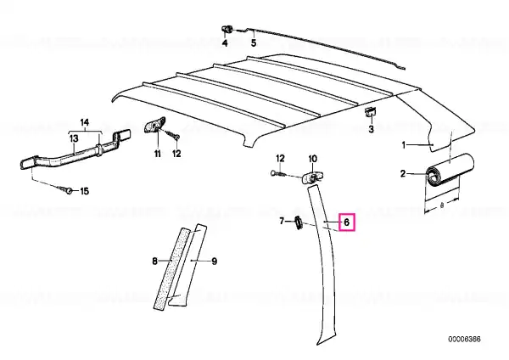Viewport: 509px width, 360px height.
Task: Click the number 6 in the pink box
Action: (346, 222)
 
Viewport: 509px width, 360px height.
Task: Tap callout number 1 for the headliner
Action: (404, 145)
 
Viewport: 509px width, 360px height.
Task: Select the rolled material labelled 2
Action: (450, 171)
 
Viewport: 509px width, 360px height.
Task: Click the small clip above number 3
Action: (371, 112)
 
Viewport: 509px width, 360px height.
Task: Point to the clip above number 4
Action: (227, 31)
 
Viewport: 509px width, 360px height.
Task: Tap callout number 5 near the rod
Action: (254, 42)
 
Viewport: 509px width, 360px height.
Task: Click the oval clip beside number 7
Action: (299, 223)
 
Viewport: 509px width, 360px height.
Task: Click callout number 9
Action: (215, 262)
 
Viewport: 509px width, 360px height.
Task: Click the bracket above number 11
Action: (155, 124)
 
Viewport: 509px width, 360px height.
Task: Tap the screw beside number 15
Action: (66, 189)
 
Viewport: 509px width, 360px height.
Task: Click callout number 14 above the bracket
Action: (84, 122)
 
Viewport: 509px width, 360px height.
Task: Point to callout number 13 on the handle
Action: (74, 138)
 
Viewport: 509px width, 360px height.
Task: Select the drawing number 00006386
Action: (465, 340)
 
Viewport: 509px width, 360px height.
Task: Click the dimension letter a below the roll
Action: (442, 205)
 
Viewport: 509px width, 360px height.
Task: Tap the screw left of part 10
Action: (278, 174)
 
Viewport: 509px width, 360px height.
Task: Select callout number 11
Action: (158, 154)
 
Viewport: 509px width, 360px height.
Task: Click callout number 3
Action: (371, 129)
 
